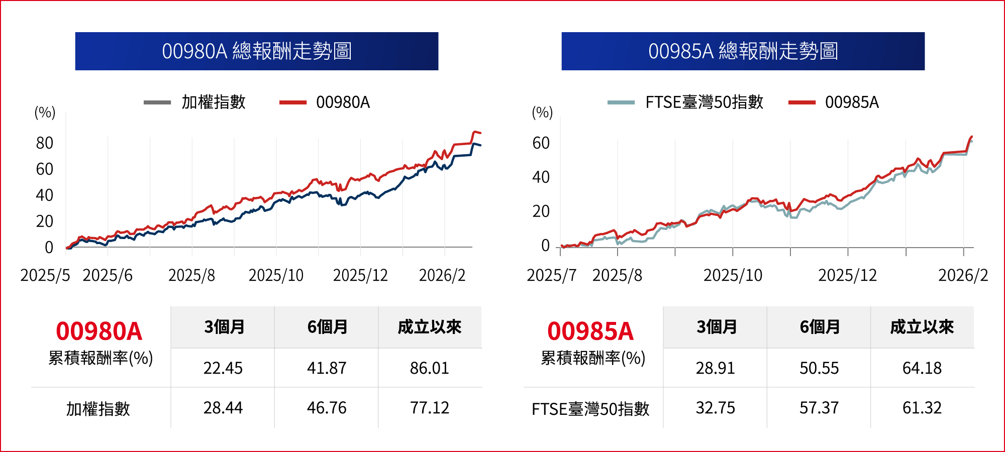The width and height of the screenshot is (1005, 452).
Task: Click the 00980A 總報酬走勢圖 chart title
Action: tap(257, 51)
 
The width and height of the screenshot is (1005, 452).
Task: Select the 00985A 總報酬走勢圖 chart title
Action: tap(743, 51)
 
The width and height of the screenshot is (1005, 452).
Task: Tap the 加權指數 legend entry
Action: tap(213, 102)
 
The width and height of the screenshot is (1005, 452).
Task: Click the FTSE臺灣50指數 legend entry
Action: tap(704, 102)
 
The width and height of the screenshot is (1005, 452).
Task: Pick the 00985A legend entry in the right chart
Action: tap(852, 102)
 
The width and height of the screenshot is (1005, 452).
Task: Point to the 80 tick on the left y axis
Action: tap(45, 143)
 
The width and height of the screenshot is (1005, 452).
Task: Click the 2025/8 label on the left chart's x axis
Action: tap(191, 275)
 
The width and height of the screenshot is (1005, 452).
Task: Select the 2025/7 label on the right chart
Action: tap(551, 275)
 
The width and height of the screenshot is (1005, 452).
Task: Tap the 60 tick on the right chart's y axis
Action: tap(541, 143)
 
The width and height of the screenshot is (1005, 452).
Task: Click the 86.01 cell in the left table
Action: tap(429, 368)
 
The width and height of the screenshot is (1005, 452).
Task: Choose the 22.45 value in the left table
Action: tap(223, 368)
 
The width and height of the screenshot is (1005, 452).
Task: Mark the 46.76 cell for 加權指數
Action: tap(327, 408)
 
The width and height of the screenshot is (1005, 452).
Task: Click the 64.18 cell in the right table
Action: tap(922, 368)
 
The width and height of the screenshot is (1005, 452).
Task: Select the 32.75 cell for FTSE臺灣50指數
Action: tap(715, 408)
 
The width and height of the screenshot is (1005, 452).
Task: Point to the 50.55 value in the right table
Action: tap(819, 368)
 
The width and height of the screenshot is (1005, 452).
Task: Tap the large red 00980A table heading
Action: tap(99, 331)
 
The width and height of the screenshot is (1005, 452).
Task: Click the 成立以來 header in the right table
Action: tap(922, 327)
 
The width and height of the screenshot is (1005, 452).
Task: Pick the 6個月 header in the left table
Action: tap(327, 327)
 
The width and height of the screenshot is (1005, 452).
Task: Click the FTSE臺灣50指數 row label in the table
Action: tap(590, 409)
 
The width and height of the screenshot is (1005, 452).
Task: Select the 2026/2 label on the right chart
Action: tap(963, 275)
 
